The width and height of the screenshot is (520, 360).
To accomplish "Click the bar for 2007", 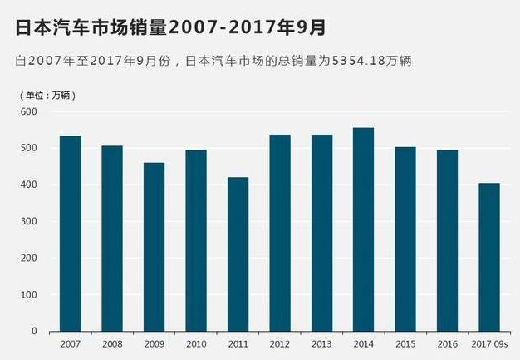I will tap(70, 233).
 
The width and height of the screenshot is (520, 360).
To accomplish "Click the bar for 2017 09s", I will tap(488, 257).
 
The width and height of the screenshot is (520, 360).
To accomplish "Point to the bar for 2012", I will tap(279, 233).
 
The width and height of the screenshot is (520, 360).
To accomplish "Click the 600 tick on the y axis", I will tap(29, 111).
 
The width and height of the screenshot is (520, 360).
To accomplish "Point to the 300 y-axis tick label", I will tap(29, 221).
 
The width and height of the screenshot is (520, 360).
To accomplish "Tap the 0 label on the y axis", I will tap(34, 331).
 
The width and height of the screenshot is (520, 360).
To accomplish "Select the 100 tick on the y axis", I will tap(29, 294).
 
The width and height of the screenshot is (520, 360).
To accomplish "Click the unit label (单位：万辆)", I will tap(47, 95).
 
